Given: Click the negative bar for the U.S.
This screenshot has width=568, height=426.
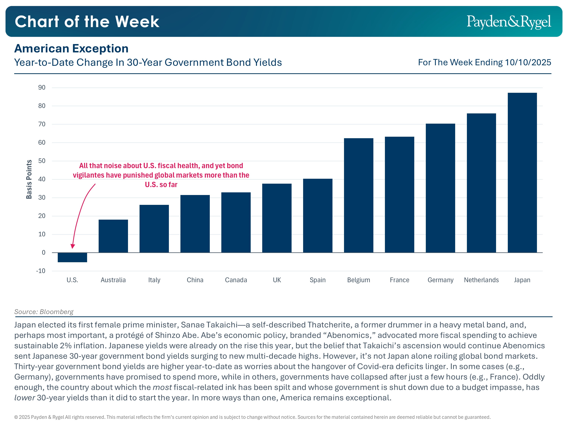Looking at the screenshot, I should (x=72, y=257).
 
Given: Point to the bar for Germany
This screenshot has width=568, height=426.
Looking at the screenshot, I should (x=440, y=188).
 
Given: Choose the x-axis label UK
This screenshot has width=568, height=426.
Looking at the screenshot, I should (x=277, y=280).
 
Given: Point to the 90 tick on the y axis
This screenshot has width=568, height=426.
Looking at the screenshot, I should (x=42, y=87).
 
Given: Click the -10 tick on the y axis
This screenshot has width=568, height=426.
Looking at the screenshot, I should (x=41, y=271).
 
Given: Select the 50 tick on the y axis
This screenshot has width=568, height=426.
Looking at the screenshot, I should (x=42, y=161).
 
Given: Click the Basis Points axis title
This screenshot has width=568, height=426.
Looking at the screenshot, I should (x=29, y=179).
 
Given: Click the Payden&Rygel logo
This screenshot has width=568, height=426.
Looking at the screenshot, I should (x=509, y=22).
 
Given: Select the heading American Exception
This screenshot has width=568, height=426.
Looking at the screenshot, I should (x=71, y=48).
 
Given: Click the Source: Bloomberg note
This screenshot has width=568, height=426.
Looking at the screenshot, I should (x=44, y=312).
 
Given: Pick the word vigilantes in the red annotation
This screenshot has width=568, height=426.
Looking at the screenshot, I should (x=88, y=175).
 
